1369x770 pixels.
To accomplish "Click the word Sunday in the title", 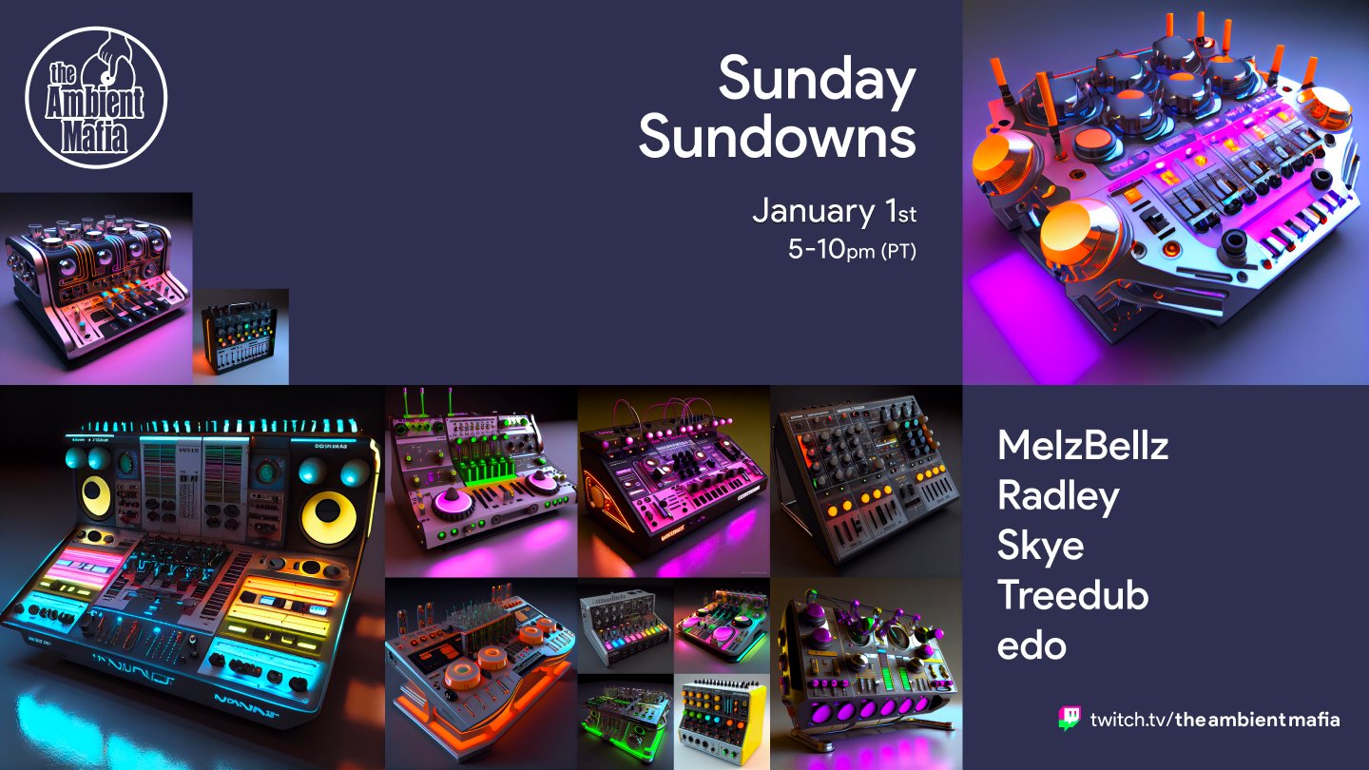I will click(816, 80).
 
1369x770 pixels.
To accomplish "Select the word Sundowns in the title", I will click(777, 139).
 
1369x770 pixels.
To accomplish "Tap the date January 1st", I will click(833, 211).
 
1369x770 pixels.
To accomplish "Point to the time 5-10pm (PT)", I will click(851, 251).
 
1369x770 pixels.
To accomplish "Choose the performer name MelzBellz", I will click(1082, 444).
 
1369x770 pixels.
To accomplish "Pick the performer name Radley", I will click(1057, 495).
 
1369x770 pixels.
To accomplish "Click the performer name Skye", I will click(1040, 546).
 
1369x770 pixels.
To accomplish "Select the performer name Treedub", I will click(1072, 596).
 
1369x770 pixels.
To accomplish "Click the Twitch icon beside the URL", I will click(1070, 718).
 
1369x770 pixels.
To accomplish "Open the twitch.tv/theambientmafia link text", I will click(1215, 719).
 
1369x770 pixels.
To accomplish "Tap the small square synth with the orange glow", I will click(241, 337).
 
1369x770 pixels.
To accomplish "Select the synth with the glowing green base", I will click(625, 721).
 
